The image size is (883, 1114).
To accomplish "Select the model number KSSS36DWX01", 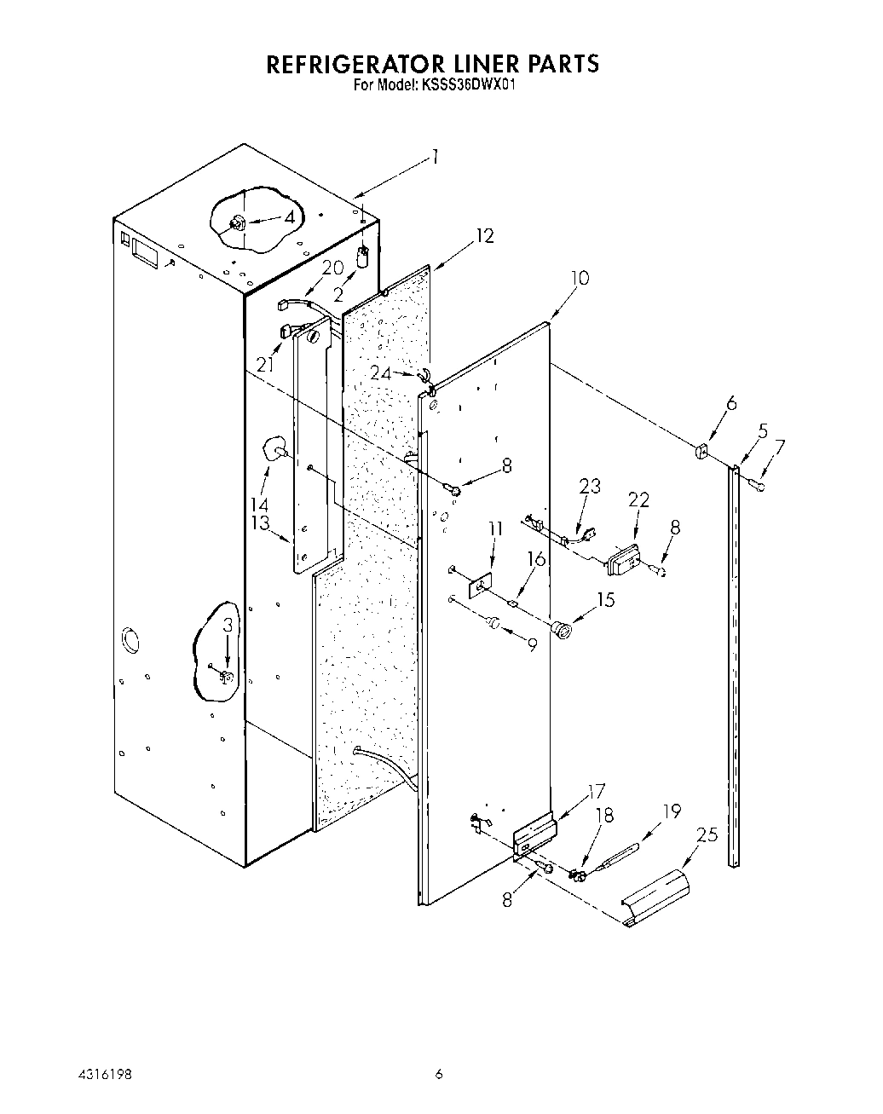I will coord(466,85).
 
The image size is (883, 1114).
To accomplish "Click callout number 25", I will coord(707,835).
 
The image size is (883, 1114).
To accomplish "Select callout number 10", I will coord(580,278).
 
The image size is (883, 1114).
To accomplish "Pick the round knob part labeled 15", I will coord(562,631).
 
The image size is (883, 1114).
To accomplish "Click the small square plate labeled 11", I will coord(482,587).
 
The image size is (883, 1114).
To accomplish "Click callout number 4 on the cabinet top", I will coord(289,216).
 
